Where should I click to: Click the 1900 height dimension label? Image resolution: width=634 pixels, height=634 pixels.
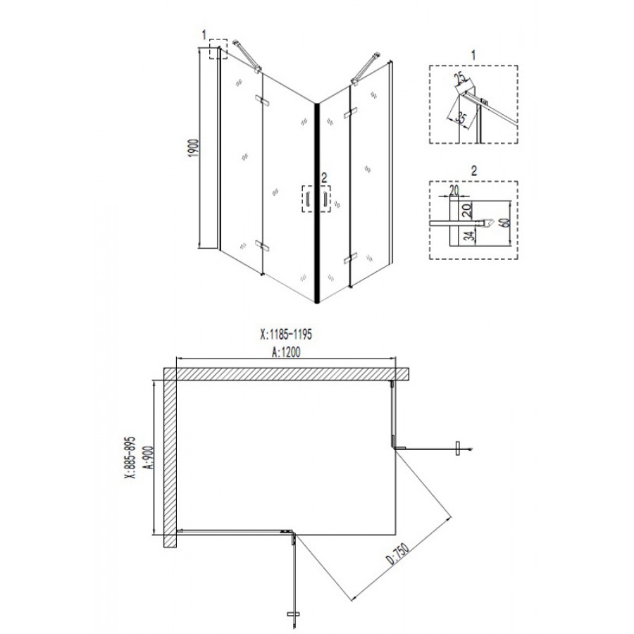194,148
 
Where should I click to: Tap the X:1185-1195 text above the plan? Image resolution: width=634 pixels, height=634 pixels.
286,335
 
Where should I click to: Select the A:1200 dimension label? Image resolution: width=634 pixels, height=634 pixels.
286,352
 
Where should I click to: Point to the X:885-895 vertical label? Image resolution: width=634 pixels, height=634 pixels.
130,457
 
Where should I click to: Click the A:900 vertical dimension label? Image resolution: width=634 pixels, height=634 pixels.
149,457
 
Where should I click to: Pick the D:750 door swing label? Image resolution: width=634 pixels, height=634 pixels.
398,554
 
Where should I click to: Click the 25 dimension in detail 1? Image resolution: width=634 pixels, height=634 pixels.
459,78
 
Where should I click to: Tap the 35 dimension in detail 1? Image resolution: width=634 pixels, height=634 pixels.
461,117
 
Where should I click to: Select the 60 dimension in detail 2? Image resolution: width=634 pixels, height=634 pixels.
504,223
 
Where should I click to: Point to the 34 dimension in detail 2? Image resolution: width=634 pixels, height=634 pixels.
468,235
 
